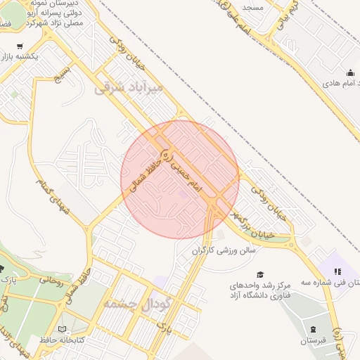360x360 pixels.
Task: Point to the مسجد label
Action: [x=251, y=6]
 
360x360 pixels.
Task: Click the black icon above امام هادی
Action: [x=350, y=73]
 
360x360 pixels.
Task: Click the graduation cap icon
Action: [x=260, y=274]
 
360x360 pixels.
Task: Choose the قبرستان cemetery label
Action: [x=314, y=341]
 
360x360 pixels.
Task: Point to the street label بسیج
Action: [x=64, y=72]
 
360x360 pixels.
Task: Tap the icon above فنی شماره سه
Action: [x=337, y=271]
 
